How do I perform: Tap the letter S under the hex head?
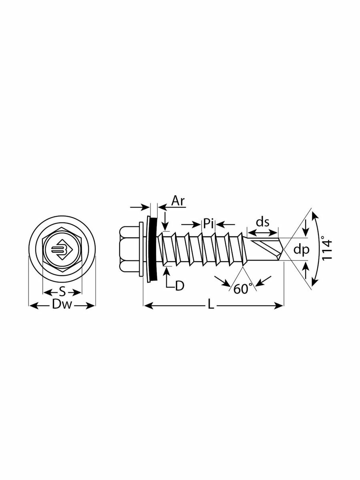point(62,291)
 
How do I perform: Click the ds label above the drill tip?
point(262,223)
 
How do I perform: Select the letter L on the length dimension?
point(211,306)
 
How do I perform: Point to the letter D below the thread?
point(180,286)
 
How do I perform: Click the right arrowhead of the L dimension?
point(280,306)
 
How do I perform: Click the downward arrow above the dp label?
point(306,232)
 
